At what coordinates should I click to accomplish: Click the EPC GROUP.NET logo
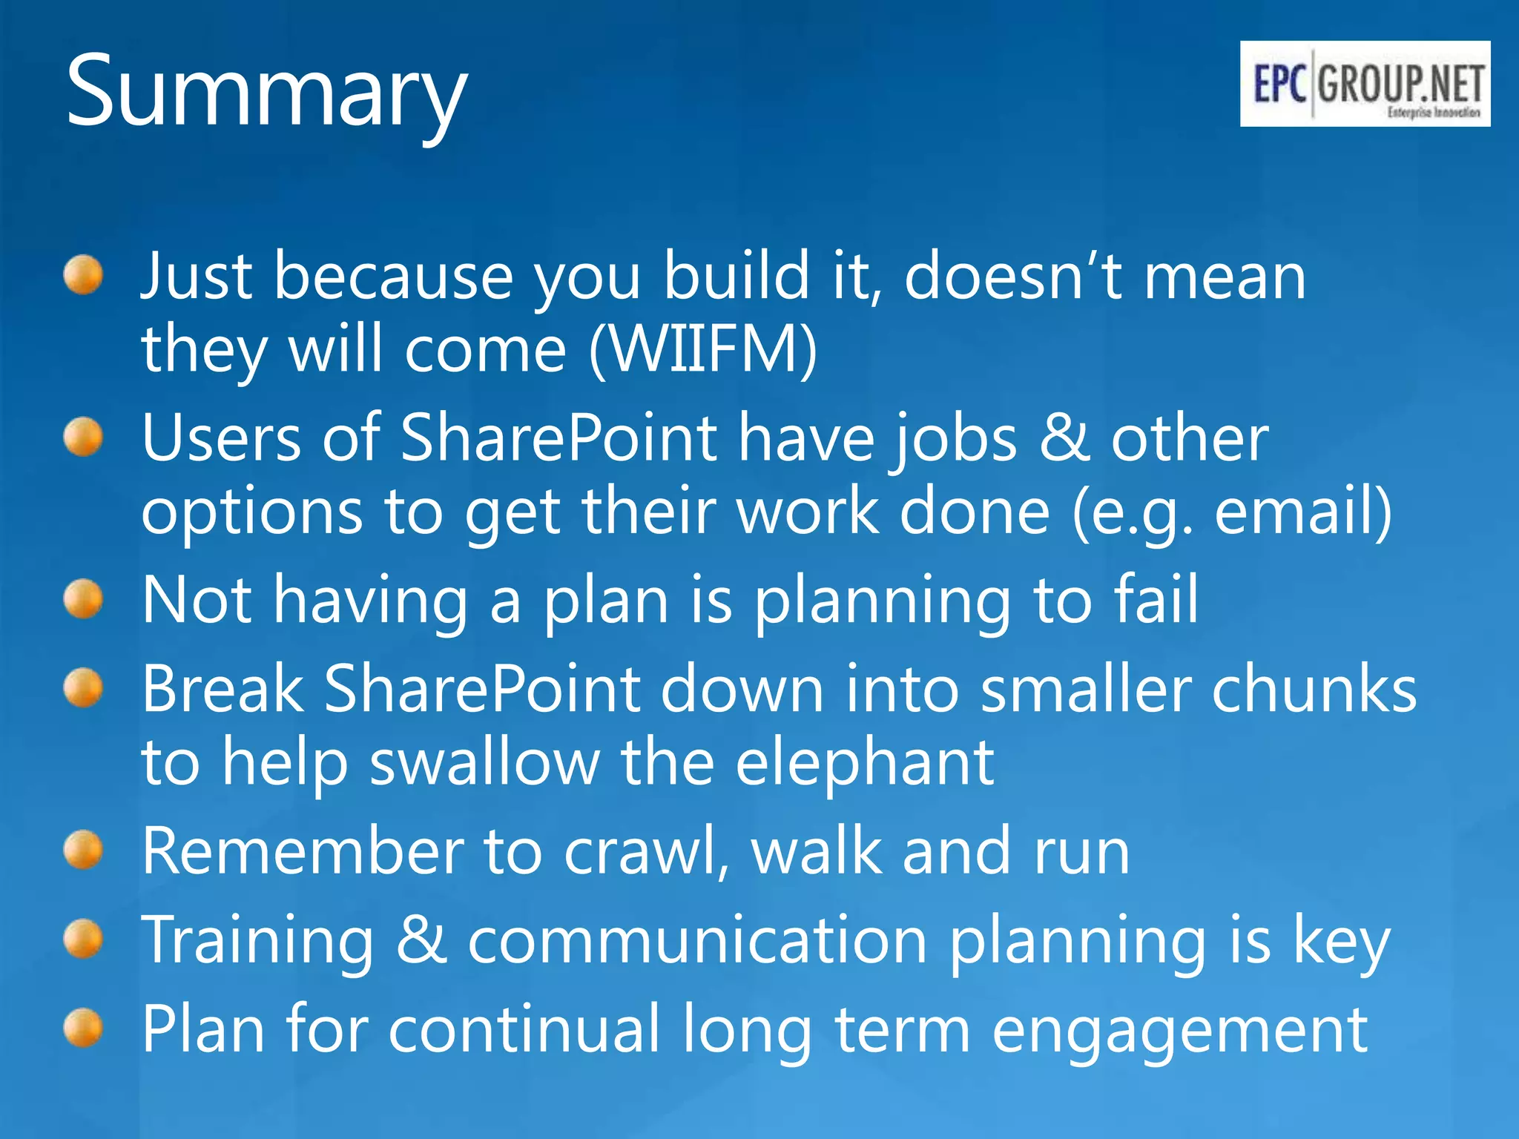click(1365, 84)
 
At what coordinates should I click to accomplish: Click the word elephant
click(864, 764)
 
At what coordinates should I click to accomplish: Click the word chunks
click(1314, 690)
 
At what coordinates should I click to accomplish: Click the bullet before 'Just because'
click(82, 275)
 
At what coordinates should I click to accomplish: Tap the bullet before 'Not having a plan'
click(82, 599)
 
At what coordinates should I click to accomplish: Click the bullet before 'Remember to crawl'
click(82, 850)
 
